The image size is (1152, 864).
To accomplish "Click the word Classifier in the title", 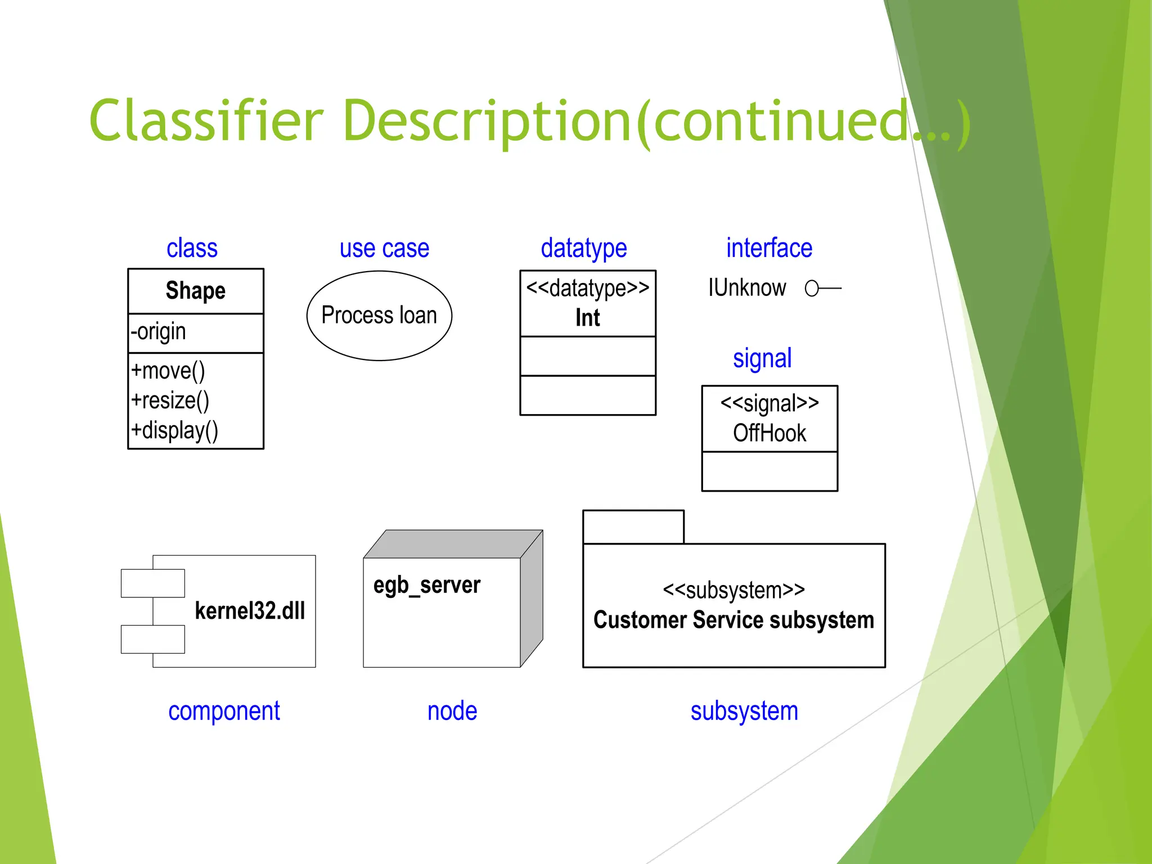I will coord(206,121).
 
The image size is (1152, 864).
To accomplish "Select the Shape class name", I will coord(195,291).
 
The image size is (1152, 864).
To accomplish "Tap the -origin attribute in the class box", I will coord(158,332).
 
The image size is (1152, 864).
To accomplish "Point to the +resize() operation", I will coord(170,400).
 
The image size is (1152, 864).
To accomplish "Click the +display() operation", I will coord(174,431).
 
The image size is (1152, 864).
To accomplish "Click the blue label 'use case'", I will coord(384,248).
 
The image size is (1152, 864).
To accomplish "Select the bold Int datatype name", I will coord(587,318).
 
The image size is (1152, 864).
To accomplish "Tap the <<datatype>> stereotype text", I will coord(587,288).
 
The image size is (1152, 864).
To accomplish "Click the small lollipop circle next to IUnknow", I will coord(811,289).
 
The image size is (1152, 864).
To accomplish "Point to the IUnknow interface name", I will coord(746,288).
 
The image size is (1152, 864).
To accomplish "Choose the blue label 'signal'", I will coord(762,358).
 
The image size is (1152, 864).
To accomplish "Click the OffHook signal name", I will coord(769,433).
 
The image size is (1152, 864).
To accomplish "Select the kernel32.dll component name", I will coord(250,611).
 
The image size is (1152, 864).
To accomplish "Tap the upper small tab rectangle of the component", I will coord(152,583).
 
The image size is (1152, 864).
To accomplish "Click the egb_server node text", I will coord(426,585).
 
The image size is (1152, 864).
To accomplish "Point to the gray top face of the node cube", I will coord(453,543).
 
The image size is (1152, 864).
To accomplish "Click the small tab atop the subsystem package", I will coord(633,527).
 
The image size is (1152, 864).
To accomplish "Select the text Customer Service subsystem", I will coord(733,620).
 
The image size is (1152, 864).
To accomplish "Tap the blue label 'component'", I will coord(224,711).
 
